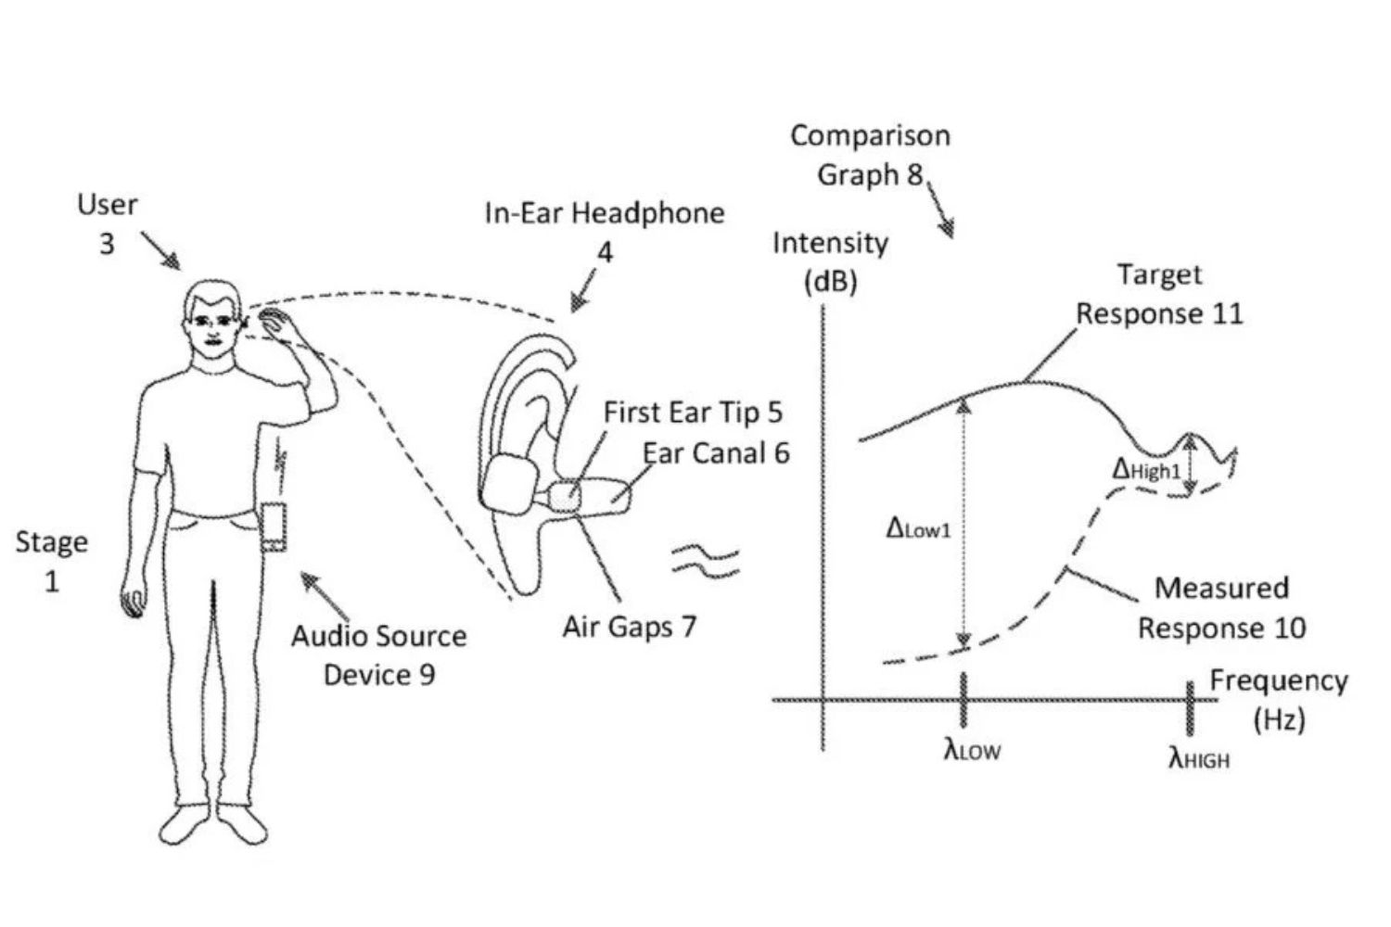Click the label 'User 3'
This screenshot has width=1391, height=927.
108,223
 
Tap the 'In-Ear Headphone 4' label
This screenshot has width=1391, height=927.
605,231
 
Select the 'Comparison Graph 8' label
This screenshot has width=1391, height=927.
870,155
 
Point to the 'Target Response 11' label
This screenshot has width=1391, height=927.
1159,294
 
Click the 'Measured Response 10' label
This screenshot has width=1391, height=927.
1221,608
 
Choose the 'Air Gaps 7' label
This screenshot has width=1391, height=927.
629,628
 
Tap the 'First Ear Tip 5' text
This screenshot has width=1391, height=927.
693,413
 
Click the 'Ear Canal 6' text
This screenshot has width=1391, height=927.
716,453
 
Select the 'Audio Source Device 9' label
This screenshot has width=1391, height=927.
378,655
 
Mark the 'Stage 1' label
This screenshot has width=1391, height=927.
52,561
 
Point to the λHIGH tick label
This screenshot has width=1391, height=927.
1198,759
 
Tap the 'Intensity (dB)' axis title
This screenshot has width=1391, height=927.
830,261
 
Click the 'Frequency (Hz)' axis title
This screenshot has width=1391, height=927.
1279,699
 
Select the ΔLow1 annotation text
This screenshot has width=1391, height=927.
918,528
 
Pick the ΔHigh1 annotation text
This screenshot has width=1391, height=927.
1146,470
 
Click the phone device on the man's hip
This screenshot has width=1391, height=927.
274,526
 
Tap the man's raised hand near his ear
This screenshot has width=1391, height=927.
274,324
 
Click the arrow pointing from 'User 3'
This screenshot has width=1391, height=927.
160,250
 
